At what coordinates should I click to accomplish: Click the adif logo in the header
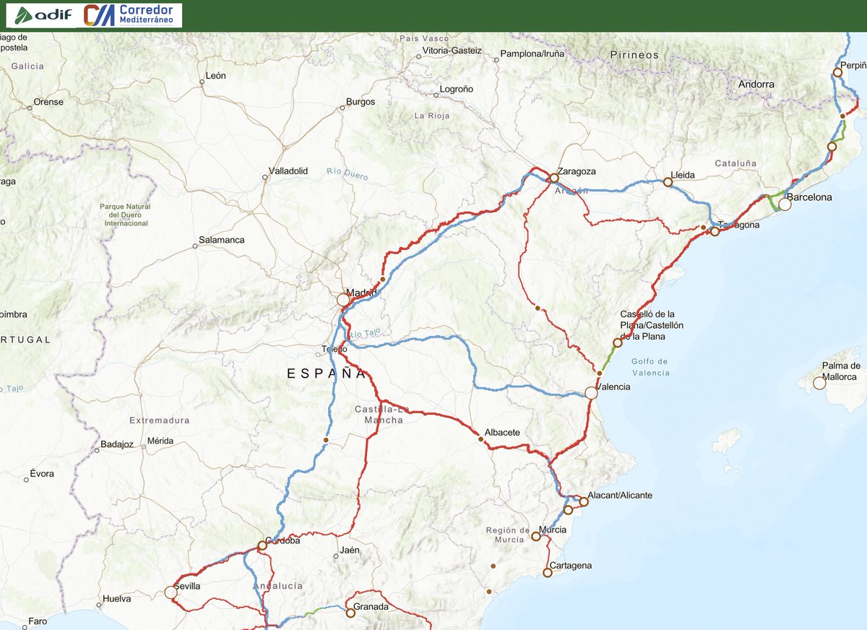43,14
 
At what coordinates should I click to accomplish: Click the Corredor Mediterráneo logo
132,14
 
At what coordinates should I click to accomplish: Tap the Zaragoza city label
577,171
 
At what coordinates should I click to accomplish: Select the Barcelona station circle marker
785,204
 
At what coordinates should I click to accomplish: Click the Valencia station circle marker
591,393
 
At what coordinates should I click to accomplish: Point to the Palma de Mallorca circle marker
819,383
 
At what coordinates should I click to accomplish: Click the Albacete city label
502,432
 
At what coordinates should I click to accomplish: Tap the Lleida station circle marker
668,182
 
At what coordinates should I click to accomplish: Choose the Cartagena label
570,565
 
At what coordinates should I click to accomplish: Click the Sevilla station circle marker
171,592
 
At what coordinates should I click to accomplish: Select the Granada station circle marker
350,613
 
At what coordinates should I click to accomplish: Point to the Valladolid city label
288,171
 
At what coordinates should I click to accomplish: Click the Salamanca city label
223,240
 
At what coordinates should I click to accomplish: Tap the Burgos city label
361,102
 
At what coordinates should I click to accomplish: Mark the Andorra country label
756,85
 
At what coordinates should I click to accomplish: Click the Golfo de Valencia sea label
650,367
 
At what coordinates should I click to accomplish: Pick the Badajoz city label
117,444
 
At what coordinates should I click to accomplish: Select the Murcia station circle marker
535,536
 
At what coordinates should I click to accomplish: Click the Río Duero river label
347,173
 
